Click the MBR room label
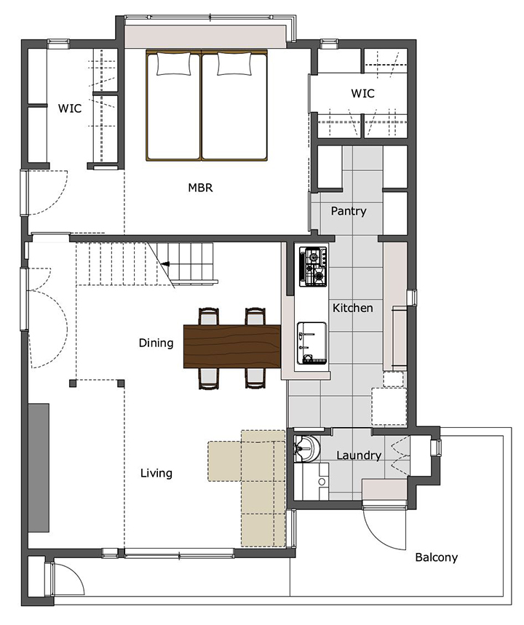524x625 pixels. [x=200, y=187]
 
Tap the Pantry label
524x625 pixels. [x=349, y=211]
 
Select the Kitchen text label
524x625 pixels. [x=353, y=308]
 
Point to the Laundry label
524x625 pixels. [x=359, y=455]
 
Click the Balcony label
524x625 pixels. [x=436, y=557]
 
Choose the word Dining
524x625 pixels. [x=156, y=343]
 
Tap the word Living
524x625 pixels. [x=156, y=473]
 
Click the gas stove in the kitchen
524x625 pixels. [x=313, y=266]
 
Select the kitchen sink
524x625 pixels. [x=311, y=343]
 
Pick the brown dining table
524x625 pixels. [x=232, y=346]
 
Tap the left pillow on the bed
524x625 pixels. [x=173, y=64]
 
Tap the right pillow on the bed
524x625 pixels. [x=234, y=64]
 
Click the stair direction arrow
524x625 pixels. [x=165, y=263]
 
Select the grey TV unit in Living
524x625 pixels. [x=39, y=468]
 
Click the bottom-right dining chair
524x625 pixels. [x=255, y=378]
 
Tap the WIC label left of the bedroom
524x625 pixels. [x=70, y=108]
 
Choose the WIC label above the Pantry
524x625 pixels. [x=363, y=93]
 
